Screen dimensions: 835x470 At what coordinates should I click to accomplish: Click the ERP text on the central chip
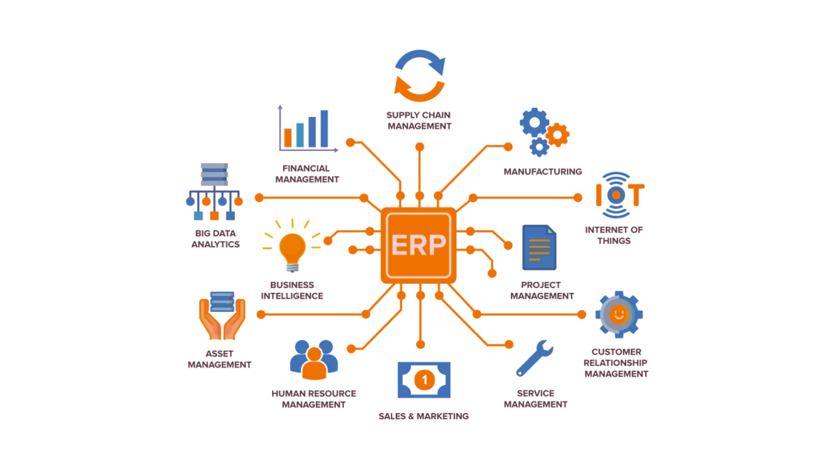(x=418, y=245)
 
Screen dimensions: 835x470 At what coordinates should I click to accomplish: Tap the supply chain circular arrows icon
(x=420, y=75)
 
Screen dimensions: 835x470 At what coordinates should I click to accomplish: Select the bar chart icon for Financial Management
(x=307, y=129)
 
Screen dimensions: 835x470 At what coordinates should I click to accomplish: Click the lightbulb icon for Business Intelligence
(x=292, y=249)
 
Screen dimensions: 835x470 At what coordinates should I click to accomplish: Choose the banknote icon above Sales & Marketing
(x=424, y=380)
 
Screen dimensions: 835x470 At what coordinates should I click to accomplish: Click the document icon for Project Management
(x=539, y=248)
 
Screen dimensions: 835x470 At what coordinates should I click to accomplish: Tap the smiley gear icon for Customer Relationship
(x=618, y=315)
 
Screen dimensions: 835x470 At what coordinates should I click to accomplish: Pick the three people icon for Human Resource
(x=314, y=359)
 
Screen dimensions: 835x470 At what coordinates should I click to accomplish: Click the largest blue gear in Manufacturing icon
(x=534, y=123)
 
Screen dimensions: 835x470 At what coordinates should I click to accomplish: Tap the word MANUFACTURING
(x=543, y=171)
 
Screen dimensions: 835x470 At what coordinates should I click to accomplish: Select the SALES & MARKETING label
(x=423, y=416)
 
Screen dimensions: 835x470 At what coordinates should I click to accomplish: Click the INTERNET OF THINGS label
(x=614, y=235)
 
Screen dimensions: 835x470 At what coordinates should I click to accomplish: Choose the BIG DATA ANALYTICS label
(x=216, y=239)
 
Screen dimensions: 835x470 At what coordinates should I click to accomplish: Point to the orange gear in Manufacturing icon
(x=557, y=134)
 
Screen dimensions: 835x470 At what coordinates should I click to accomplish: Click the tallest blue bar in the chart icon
(x=324, y=129)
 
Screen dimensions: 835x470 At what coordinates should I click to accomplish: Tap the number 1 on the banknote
(x=424, y=380)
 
